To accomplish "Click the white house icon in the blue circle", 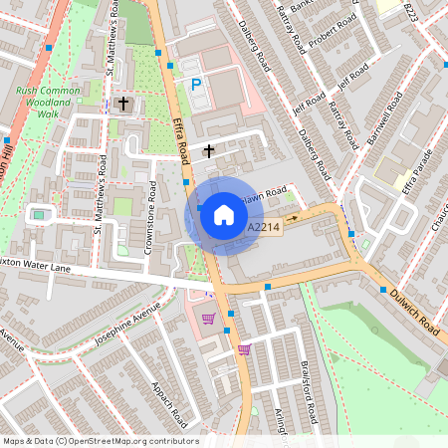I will point(224,215).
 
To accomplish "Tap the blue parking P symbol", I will point(196,86).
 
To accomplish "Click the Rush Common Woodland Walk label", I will point(49,102).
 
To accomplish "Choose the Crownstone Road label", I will point(149,218).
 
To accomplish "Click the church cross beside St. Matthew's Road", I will point(123,104).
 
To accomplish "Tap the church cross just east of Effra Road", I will point(209,151).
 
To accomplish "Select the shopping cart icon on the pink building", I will point(209,319).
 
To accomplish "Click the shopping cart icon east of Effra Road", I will point(244,349).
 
